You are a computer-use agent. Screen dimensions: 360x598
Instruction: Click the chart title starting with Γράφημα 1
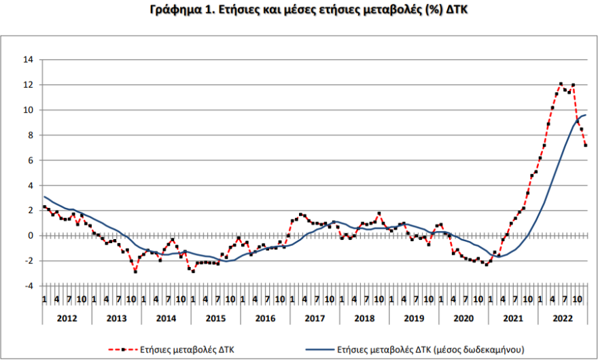pos(298,10)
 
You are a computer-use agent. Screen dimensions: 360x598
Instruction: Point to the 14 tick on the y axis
pos(29,60)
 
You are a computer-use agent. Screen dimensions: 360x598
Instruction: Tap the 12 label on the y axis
pos(29,85)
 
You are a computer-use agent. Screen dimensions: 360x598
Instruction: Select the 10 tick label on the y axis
pos(29,110)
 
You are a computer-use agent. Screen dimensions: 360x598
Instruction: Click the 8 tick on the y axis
pos(31,135)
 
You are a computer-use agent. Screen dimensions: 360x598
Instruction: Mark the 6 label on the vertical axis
pos(31,160)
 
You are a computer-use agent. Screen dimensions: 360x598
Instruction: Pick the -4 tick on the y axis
pos(29,286)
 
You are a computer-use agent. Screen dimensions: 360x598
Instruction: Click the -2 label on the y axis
pos(29,261)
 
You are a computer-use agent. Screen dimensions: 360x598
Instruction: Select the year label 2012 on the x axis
pos(67,317)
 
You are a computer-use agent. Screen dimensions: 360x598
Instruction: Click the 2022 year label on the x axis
pos(562,317)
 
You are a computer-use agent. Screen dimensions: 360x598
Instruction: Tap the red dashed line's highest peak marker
pos(561,84)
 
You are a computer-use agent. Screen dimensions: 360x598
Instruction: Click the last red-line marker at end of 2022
pos(586,145)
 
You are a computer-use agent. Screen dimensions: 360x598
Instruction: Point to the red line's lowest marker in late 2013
pos(135,271)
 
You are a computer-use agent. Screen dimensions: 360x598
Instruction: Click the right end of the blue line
pos(586,115)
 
